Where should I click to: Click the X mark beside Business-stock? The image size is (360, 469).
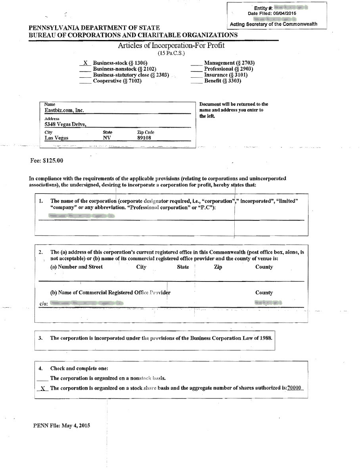(x=85, y=63)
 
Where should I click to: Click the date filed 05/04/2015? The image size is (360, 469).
(x=284, y=13)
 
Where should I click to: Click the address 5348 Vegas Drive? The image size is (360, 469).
(x=65, y=124)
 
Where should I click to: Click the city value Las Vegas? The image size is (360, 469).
(x=56, y=138)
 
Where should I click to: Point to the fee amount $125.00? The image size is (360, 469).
(x=53, y=161)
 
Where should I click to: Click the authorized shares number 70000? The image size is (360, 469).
(x=294, y=388)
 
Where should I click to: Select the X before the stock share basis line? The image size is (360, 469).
(x=43, y=389)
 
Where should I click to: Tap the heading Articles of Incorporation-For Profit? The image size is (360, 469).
(x=171, y=45)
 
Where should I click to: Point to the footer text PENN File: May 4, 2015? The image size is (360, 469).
(x=62, y=426)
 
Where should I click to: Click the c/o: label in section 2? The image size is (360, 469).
(x=44, y=304)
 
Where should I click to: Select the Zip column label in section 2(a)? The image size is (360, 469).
(x=218, y=267)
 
